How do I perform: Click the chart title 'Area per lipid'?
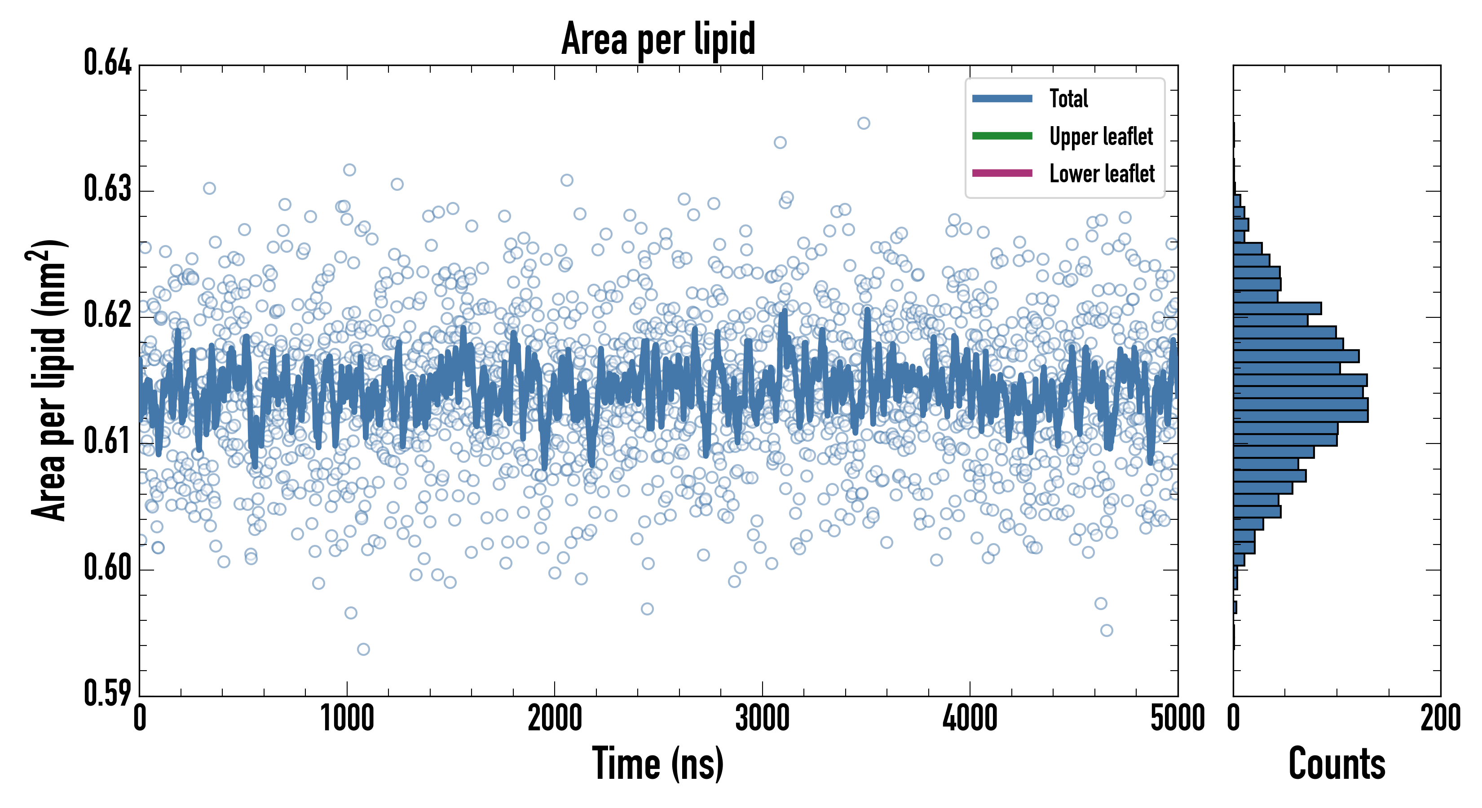(658, 39)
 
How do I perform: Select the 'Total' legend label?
(1068, 98)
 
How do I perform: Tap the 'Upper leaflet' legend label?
(1101, 136)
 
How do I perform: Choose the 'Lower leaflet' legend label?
(1102, 173)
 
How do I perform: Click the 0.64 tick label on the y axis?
(108, 63)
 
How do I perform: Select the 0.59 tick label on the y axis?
(108, 693)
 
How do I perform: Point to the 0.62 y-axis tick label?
(108, 315)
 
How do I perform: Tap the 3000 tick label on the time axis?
(762, 719)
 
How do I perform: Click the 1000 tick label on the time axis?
(347, 719)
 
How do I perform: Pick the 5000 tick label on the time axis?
(1177, 719)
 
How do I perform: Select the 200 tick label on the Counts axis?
(1440, 719)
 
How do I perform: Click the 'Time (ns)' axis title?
(658, 764)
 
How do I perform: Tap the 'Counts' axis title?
(1336, 764)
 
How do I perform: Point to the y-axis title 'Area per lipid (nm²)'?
(49, 380)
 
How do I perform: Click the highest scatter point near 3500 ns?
(864, 123)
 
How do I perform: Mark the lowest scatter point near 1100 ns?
(363, 649)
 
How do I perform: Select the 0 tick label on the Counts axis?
(1233, 719)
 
